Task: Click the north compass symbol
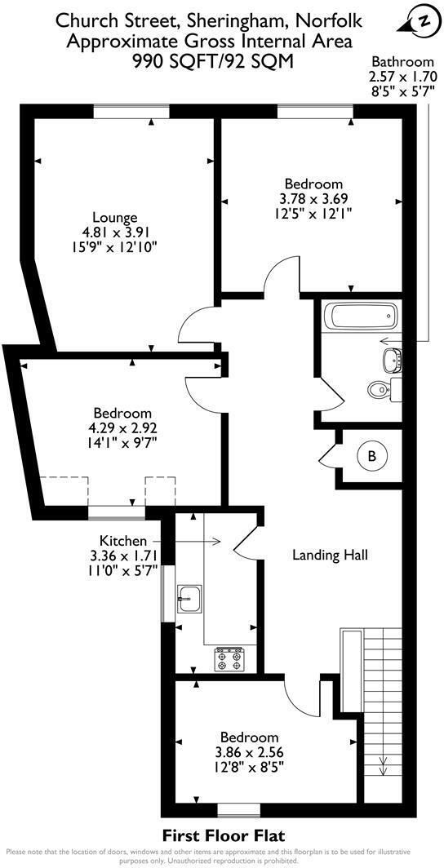pos(423,21)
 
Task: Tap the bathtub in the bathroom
pos(360,316)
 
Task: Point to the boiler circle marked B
pos(371,457)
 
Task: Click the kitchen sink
pos(189,599)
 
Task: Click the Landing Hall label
pos(331,556)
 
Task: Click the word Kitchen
pos(122,541)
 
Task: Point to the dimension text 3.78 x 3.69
pos(313,198)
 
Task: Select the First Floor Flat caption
pos(221,835)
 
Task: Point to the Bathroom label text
pos(402,61)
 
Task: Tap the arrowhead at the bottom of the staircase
pos(382,767)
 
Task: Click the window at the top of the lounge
pos(131,112)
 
